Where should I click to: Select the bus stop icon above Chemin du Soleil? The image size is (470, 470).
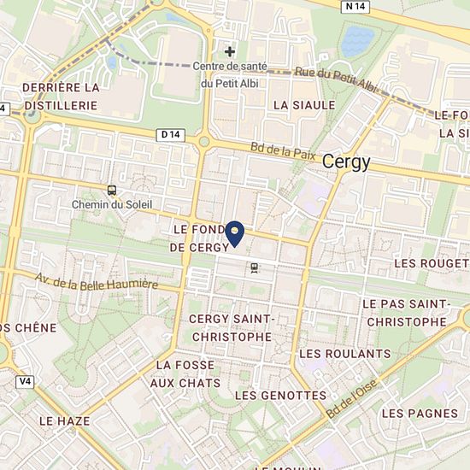pos(113,190)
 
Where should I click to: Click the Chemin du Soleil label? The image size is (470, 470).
pos(112,203)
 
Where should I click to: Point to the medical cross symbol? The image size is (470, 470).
pos(229,51)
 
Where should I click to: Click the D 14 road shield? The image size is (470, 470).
pos(171,134)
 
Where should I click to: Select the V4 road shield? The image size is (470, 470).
pos(23,380)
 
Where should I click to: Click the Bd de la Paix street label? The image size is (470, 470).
pos(284,152)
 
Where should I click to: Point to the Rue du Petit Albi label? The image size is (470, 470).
pos(336,79)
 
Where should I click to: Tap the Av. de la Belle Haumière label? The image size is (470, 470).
pos(97,280)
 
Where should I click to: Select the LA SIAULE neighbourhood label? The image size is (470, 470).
pos(304,104)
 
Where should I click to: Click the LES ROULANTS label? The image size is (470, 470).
pos(345,353)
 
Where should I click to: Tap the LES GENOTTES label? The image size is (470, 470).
pos(280,395)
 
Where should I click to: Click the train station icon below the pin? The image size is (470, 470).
pos(254,267)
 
